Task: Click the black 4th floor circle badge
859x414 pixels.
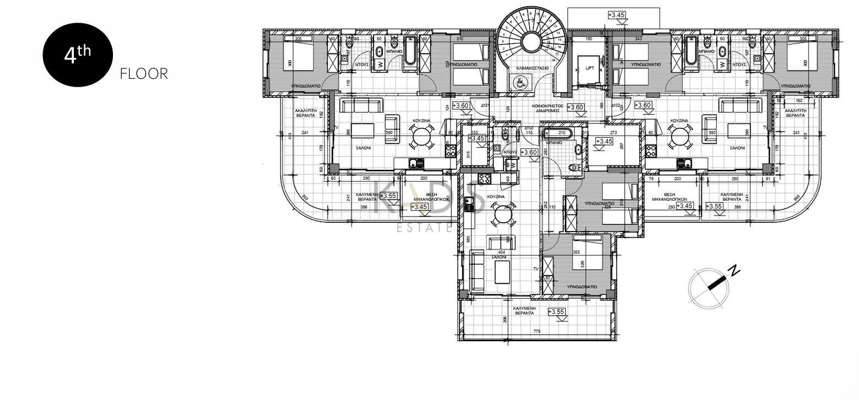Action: point(78,55)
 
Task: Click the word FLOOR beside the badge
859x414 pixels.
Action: point(144,74)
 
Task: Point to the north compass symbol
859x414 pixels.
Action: point(709,287)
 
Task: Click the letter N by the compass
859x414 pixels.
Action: point(734,270)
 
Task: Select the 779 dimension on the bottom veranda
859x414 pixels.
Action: point(536,332)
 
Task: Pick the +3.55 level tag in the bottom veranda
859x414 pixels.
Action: point(557,312)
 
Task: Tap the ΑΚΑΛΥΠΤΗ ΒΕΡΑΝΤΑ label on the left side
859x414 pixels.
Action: point(305,113)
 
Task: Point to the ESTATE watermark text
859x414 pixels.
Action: point(425,227)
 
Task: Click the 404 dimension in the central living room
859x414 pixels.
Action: point(501,251)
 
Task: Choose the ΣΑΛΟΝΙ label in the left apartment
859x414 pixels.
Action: point(362,148)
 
